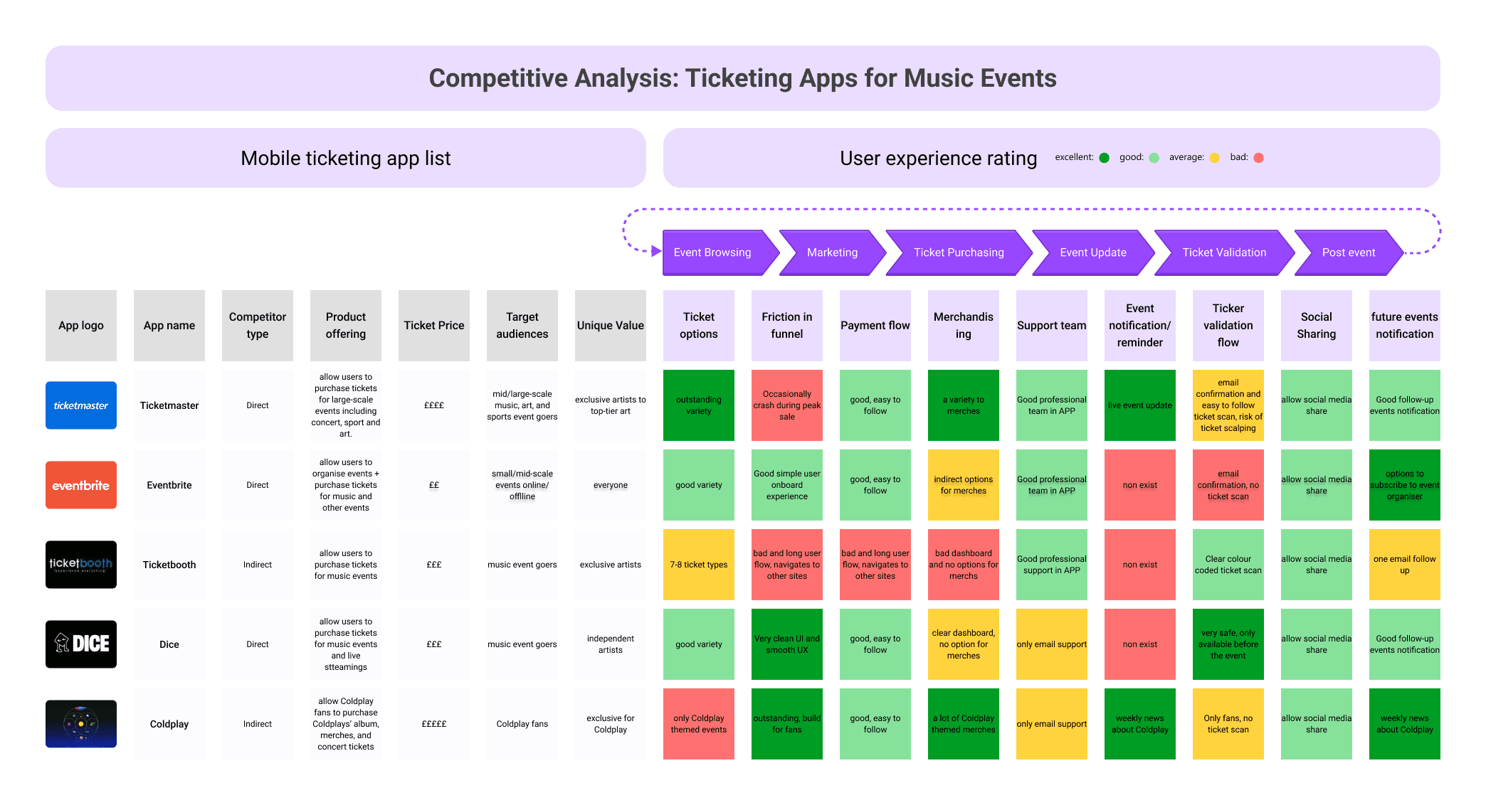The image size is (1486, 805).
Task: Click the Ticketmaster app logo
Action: coord(81,405)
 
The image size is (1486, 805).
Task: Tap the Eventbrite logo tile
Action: coord(81,485)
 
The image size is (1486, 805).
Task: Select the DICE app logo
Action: coord(81,644)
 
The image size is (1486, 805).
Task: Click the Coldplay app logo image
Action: coord(81,724)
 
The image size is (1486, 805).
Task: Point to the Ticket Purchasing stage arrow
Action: coord(958,252)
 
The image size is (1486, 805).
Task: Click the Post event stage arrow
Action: coord(1348,252)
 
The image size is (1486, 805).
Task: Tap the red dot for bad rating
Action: coord(1258,158)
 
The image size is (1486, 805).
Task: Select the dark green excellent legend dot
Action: coord(1104,158)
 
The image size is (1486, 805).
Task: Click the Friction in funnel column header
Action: coord(786,326)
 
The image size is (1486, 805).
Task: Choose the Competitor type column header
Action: coord(258,326)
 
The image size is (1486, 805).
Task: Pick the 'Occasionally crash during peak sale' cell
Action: coord(786,405)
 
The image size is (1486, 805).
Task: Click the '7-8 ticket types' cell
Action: coord(698,565)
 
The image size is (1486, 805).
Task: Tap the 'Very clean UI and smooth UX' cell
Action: coord(786,644)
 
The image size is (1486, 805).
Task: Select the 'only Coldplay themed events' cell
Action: coord(698,724)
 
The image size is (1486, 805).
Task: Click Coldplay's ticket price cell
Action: coord(434,724)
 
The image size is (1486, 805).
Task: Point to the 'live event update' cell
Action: coord(1139,405)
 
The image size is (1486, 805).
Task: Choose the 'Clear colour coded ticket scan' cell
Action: coord(1228,565)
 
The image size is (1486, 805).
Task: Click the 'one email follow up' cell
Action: coord(1404,565)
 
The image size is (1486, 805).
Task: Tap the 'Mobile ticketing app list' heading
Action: coord(346,158)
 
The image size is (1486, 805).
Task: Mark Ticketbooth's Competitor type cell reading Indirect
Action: coord(258,565)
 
